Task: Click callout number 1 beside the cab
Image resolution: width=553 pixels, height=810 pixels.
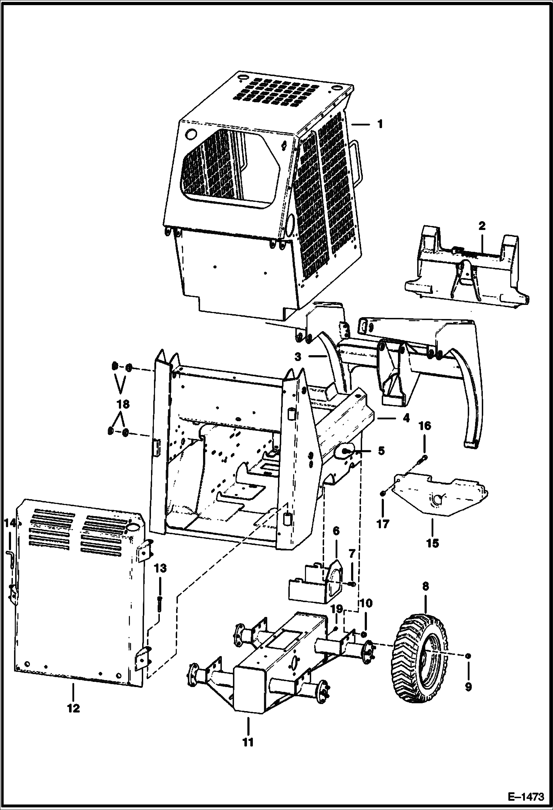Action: pyautogui.click(x=380, y=124)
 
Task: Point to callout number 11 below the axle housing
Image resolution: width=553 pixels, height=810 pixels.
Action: pyautogui.click(x=248, y=741)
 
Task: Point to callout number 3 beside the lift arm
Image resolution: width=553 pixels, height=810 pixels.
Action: pyautogui.click(x=298, y=357)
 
